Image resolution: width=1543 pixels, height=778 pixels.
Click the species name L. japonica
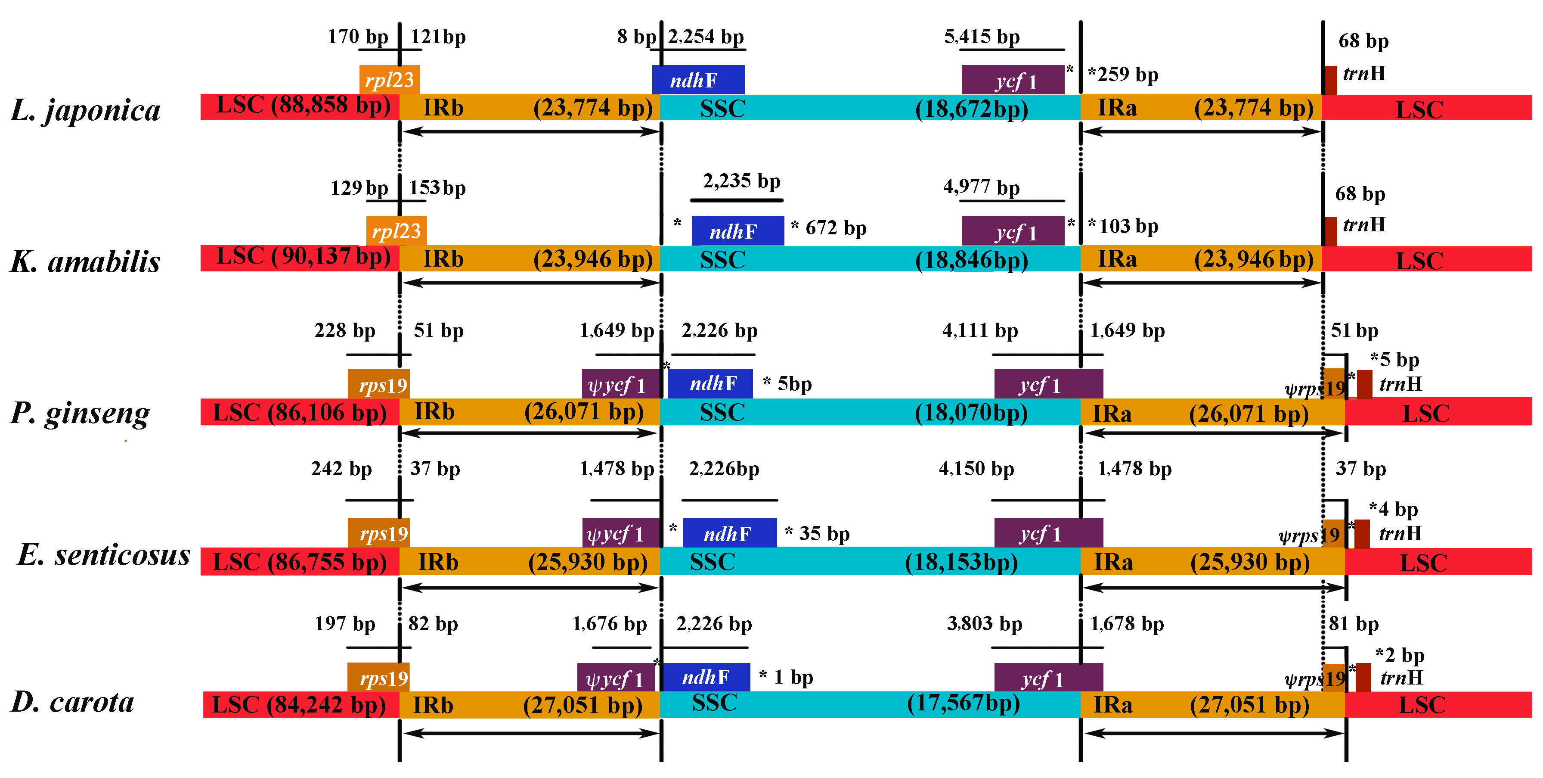86,110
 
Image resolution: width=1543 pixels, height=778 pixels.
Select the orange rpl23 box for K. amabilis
396,231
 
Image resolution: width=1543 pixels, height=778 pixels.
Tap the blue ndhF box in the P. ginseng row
710,383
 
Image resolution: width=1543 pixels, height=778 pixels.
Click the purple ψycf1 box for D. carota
615,678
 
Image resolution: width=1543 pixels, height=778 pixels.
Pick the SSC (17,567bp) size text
963,703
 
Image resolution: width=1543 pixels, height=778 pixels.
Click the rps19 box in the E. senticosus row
378,533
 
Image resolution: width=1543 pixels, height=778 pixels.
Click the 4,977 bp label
981,187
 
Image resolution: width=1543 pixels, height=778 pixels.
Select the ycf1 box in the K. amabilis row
1013,232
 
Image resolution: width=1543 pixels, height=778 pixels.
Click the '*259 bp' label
1123,75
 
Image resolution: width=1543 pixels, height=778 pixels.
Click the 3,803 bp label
984,624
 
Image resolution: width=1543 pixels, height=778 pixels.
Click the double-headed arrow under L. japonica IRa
1202,132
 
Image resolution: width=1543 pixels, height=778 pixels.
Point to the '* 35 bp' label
817,533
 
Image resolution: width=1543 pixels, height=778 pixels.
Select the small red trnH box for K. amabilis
1330,231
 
